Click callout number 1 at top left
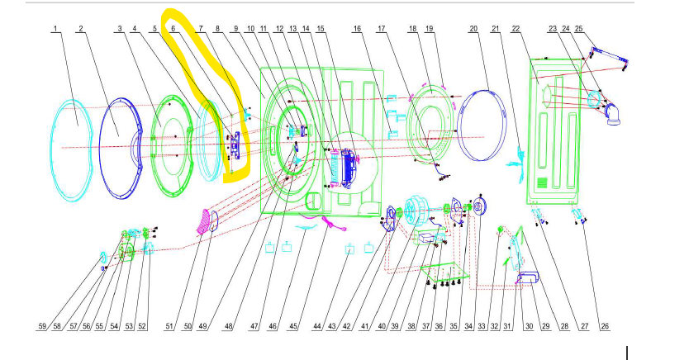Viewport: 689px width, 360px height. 55,29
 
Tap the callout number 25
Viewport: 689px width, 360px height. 578,29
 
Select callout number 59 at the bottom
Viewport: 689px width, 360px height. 42,326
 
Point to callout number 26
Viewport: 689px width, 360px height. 605,326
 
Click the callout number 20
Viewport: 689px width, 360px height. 473,29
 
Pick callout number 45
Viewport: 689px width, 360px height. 293,326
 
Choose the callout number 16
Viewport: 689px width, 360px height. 357,29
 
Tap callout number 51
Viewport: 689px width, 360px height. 169,326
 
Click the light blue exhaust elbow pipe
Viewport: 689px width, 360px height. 612,115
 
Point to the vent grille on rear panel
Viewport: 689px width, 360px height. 544,182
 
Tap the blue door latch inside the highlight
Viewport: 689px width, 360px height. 235,146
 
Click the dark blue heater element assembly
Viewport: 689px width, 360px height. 349,168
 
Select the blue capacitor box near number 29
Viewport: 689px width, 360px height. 529,277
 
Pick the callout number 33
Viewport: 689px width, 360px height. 482,326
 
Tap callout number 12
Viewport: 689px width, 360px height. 279,29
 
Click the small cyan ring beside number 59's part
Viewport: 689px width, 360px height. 103,257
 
